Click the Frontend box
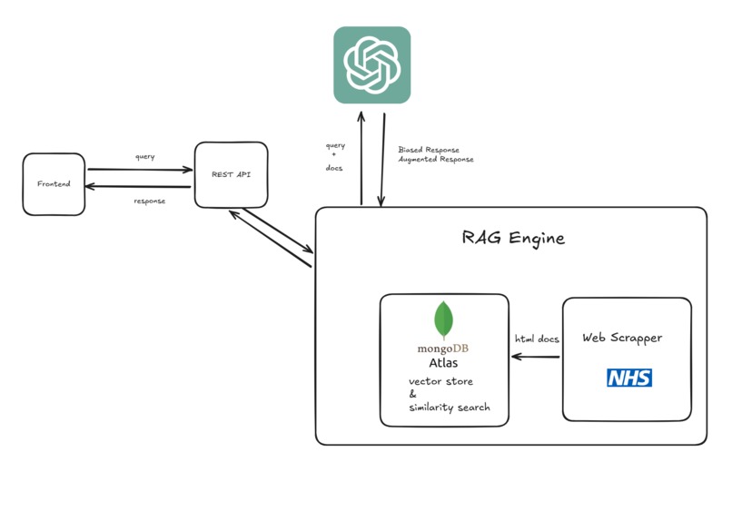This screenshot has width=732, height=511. pyautogui.click(x=54, y=184)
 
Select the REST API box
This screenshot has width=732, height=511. pyautogui.click(x=231, y=175)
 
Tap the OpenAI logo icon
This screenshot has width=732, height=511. pyautogui.click(x=372, y=64)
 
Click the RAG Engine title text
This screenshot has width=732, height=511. pyautogui.click(x=513, y=238)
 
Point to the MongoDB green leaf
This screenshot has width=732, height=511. pyautogui.click(x=443, y=319)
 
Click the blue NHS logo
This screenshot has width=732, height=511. pyautogui.click(x=629, y=378)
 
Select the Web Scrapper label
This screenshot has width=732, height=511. pyautogui.click(x=622, y=338)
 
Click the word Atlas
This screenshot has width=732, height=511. pyautogui.click(x=443, y=362)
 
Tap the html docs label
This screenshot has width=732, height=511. pyautogui.click(x=537, y=339)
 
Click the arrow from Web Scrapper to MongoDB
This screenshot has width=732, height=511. pyautogui.click(x=536, y=357)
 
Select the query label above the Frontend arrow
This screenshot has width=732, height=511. pyautogui.click(x=144, y=157)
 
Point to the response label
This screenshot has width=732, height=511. pyautogui.click(x=149, y=201)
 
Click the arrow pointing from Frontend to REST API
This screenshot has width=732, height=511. pyautogui.click(x=140, y=170)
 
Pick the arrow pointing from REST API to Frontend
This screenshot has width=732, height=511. pyautogui.click(x=138, y=187)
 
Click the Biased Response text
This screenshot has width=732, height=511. pyautogui.click(x=429, y=150)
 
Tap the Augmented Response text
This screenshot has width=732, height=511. pyautogui.click(x=436, y=160)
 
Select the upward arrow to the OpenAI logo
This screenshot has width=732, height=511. pyautogui.click(x=361, y=158)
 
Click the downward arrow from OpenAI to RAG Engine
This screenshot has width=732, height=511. pyautogui.click(x=383, y=160)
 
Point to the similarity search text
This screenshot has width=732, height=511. pyautogui.click(x=450, y=408)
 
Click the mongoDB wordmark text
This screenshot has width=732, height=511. pyautogui.click(x=442, y=349)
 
